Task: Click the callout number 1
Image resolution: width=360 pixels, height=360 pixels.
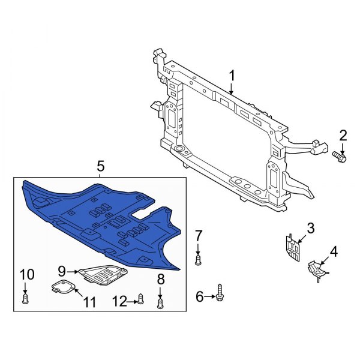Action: point(232,76)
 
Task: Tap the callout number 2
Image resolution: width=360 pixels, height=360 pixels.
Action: point(343,135)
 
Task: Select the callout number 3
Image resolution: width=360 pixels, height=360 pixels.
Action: point(310,228)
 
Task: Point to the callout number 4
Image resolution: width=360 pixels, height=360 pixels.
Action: point(334,251)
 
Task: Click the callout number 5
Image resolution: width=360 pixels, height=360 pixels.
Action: point(100,164)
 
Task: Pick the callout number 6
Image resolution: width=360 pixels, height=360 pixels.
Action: point(199,295)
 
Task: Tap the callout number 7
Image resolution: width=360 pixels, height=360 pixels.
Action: point(199,234)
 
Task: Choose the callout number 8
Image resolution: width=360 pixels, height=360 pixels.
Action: point(160,278)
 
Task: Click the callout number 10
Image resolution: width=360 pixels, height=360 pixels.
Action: point(24,275)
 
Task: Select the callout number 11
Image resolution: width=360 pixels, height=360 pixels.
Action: point(89,302)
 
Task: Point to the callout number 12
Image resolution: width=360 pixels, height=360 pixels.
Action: point(120,300)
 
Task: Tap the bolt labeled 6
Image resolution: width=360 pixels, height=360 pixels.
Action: point(220,294)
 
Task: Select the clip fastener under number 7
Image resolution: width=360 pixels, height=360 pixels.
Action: point(199,260)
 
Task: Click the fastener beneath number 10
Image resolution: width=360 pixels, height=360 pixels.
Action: point(25,298)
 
